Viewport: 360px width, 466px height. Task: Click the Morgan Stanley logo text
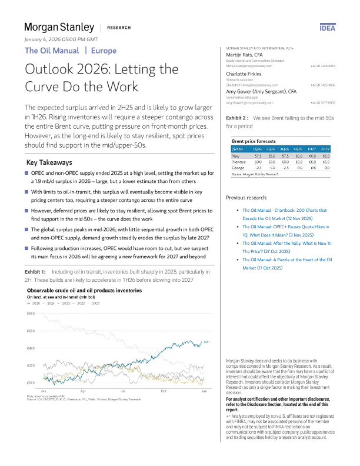[x=59, y=27]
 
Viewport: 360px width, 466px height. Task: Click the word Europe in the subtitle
[x=104, y=51]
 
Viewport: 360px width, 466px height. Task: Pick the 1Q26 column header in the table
[x=256, y=150]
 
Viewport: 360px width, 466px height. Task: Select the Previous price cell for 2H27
[x=325, y=162]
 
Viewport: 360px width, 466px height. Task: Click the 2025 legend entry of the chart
[x=34, y=303]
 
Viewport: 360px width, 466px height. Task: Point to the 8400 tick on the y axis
[x=30, y=348]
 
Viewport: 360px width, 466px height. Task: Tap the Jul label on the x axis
[x=123, y=391]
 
